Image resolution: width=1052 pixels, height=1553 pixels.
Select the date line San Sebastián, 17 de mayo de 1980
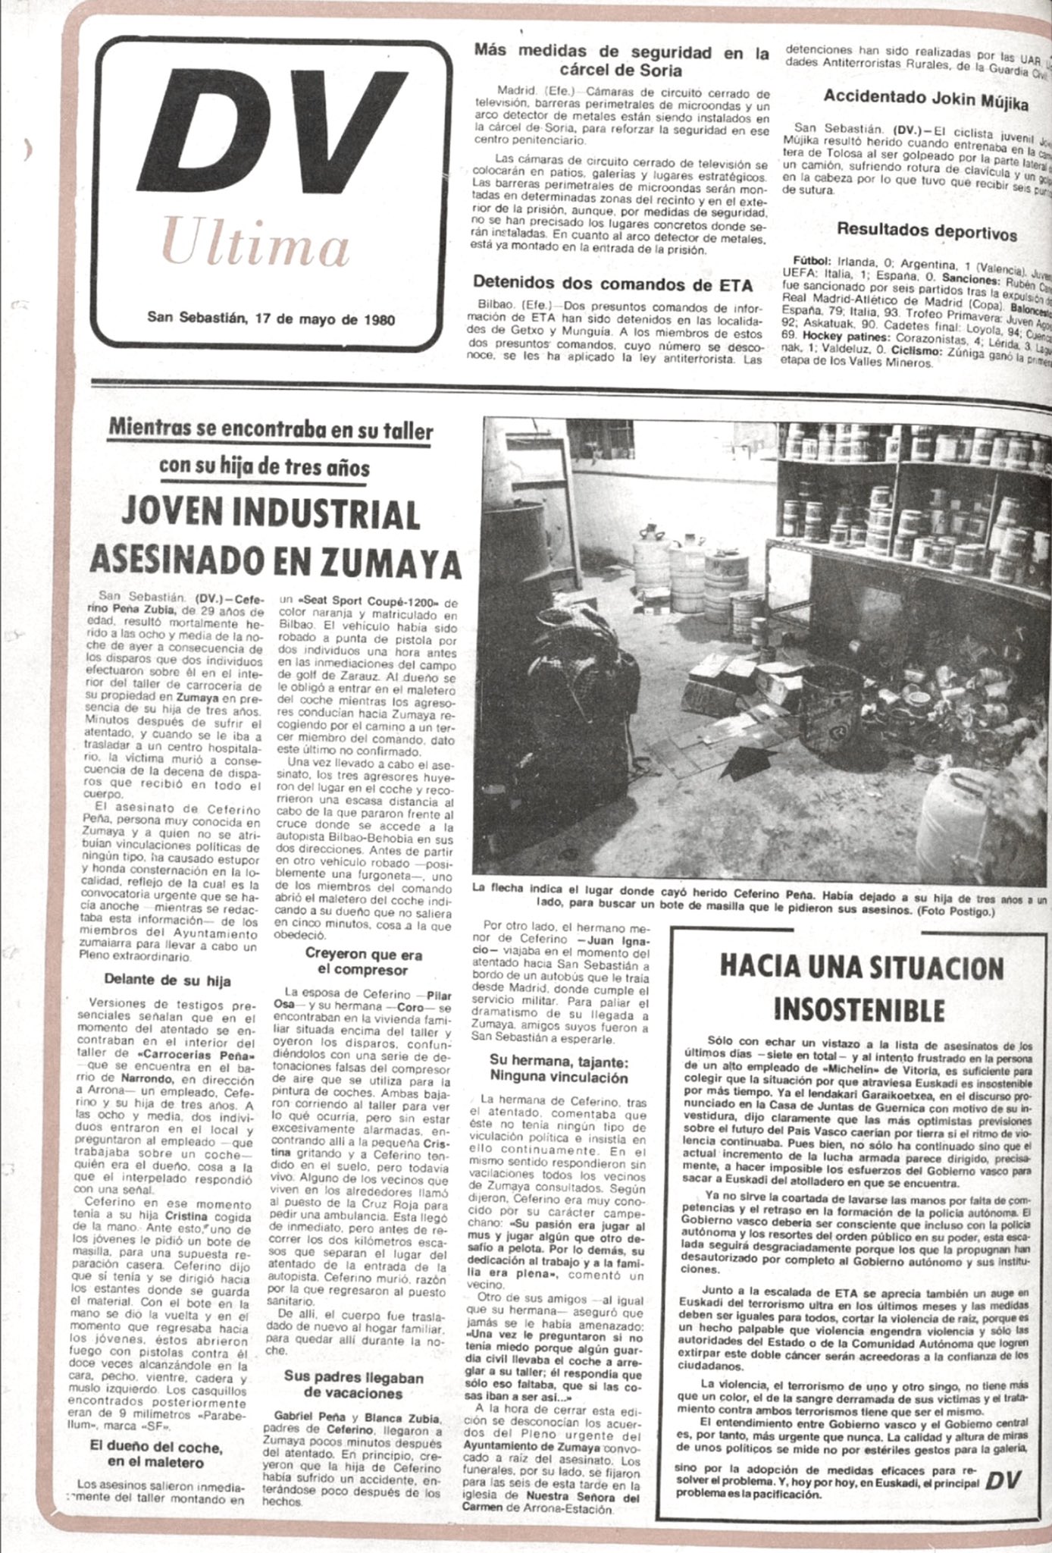[271, 318]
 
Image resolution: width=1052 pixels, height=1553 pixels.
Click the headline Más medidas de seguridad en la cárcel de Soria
[621, 61]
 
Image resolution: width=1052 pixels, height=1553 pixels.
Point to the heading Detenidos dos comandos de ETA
[612, 284]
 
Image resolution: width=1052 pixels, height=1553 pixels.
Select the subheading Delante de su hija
[168, 980]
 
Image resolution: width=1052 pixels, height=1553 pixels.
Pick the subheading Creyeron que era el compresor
[363, 962]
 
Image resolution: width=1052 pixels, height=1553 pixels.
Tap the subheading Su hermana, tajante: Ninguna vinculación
[559, 1069]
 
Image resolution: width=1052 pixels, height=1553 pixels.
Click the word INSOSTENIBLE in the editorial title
[859, 1010]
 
